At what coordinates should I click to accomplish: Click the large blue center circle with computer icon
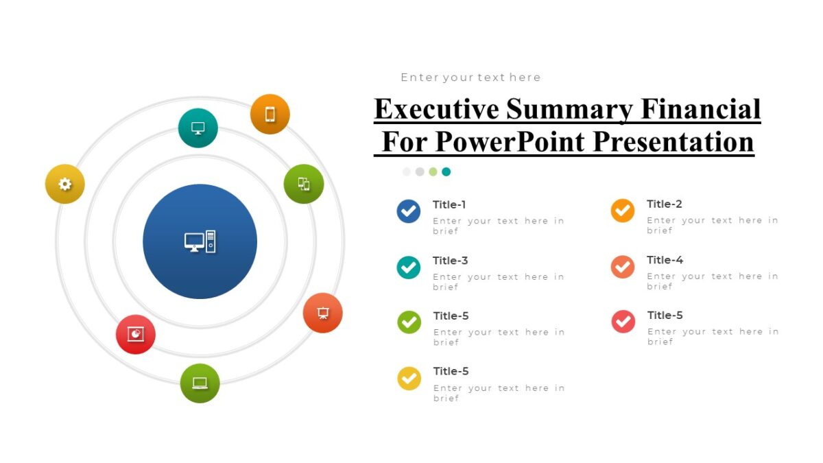pyautogui.click(x=200, y=241)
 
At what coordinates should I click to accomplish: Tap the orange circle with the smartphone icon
pyautogui.click(x=270, y=114)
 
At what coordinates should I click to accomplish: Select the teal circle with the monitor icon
pyautogui.click(x=198, y=128)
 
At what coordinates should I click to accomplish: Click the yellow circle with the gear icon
pyautogui.click(x=65, y=184)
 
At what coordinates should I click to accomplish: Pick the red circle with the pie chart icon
pyautogui.click(x=136, y=334)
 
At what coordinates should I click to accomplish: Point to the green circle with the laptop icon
pyautogui.click(x=200, y=383)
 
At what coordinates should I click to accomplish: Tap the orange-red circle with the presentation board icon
pyautogui.click(x=322, y=313)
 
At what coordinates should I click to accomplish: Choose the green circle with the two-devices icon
pyautogui.click(x=304, y=184)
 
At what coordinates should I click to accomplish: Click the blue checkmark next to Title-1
pyautogui.click(x=409, y=211)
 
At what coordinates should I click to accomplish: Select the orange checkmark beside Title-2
pyautogui.click(x=623, y=211)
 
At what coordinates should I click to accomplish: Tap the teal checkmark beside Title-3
pyautogui.click(x=409, y=267)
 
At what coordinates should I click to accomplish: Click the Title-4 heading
pyautogui.click(x=665, y=260)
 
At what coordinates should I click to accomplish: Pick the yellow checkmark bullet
pyautogui.click(x=409, y=378)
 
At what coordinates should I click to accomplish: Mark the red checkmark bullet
pyautogui.click(x=623, y=321)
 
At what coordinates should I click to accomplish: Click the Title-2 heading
pyautogui.click(x=664, y=204)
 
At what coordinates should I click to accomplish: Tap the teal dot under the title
pyautogui.click(x=446, y=171)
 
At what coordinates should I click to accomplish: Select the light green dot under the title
pyautogui.click(x=433, y=171)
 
